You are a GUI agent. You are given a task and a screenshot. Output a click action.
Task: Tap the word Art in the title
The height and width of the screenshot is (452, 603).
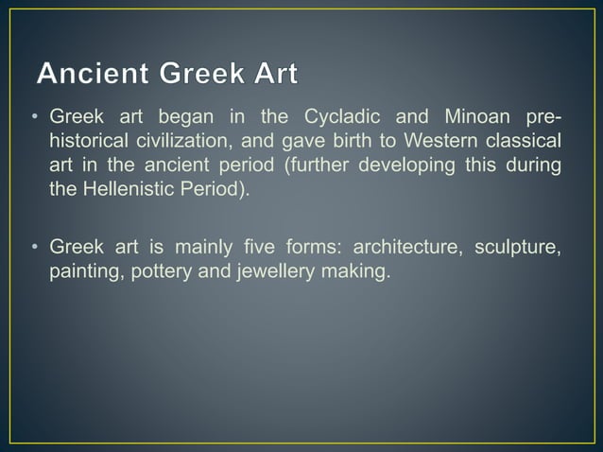[272, 73]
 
